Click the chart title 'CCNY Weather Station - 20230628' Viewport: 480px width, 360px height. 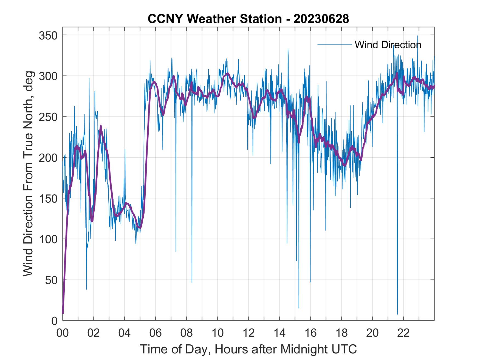pos(248,19)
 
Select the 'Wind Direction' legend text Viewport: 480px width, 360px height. pos(388,45)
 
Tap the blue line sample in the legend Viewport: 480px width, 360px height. pos(334,44)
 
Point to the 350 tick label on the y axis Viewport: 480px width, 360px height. pos(48,35)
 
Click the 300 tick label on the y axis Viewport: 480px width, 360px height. pos(48,76)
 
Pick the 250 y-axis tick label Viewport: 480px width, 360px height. pos(48,117)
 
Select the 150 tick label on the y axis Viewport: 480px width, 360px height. pos(48,198)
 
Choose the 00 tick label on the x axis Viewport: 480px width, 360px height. pos(63,333)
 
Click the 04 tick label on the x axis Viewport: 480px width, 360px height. pos(125,333)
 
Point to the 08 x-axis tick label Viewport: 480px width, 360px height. pos(187,333)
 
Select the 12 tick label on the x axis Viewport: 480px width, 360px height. pos(249,333)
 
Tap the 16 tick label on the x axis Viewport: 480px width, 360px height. pos(310,333)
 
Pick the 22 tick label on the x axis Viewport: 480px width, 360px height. pos(403,333)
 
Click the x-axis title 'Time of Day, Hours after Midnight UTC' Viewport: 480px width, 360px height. pos(248,349)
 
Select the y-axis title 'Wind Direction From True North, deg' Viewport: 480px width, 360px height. pos(28,174)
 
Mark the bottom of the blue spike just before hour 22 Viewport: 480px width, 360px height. pos(397,314)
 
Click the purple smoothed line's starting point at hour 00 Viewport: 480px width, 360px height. pos(63,313)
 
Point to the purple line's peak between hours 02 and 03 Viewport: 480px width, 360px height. pos(101,126)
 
